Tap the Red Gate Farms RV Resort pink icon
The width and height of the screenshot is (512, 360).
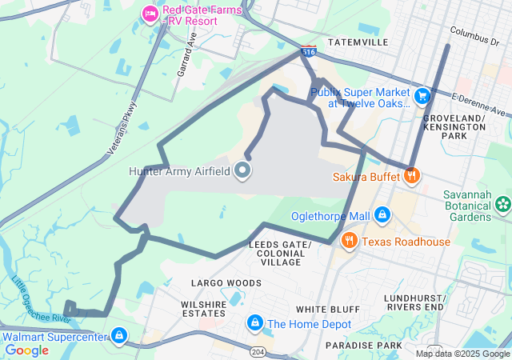click(x=149, y=13)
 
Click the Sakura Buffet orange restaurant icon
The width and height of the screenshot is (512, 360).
click(x=411, y=174)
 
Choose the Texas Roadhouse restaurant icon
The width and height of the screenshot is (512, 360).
click(x=349, y=241)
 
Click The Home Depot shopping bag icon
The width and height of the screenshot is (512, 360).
click(x=254, y=323)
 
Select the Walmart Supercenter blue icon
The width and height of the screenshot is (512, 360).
click(x=119, y=336)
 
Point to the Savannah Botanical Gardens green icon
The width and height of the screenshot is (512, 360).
click(x=502, y=205)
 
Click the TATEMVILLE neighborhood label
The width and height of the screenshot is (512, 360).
click(x=358, y=42)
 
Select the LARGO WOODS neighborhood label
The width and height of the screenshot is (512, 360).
click(x=226, y=282)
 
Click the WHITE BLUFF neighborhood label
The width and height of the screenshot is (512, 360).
click(x=323, y=309)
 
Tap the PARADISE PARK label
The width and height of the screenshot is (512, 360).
click(x=364, y=345)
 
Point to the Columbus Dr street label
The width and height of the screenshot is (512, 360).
click(x=479, y=36)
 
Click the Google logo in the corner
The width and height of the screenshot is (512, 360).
click(x=26, y=350)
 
